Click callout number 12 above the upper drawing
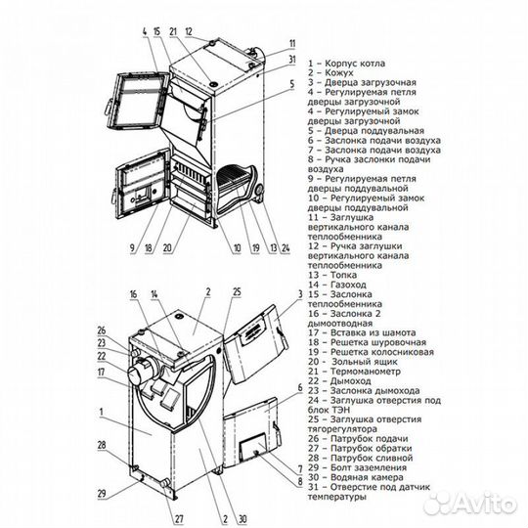click(x=191, y=30)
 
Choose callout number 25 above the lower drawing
click(x=236, y=292)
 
